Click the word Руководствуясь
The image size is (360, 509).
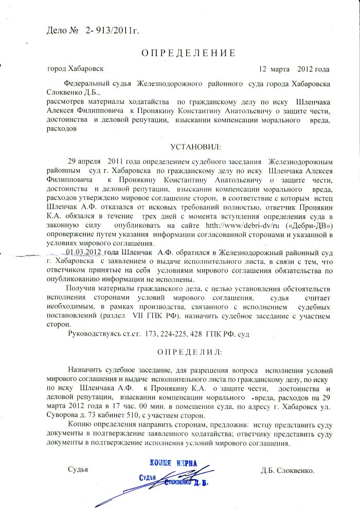98,334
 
